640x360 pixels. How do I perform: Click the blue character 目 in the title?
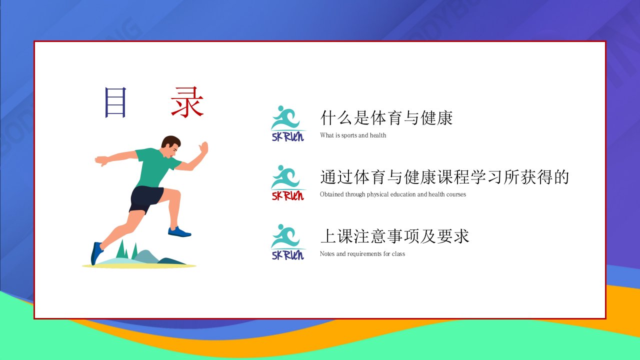click(115, 102)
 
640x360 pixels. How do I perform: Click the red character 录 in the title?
click(187, 102)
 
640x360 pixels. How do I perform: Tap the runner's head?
click(171, 146)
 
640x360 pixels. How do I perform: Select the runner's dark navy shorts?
click(145, 199)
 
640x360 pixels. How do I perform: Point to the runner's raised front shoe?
click(179, 231)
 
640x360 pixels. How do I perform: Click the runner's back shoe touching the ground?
click(96, 253)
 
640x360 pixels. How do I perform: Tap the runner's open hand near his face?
click(203, 148)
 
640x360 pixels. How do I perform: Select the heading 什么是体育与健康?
click(386, 117)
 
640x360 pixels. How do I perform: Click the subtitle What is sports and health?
click(353, 135)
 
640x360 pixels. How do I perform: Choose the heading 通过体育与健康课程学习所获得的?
click(444, 177)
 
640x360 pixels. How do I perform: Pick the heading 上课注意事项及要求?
click(394, 236)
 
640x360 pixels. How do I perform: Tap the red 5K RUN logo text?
click(287, 196)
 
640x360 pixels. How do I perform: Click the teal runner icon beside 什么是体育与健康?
click(285, 118)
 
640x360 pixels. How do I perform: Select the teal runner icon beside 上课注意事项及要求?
click(285, 236)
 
